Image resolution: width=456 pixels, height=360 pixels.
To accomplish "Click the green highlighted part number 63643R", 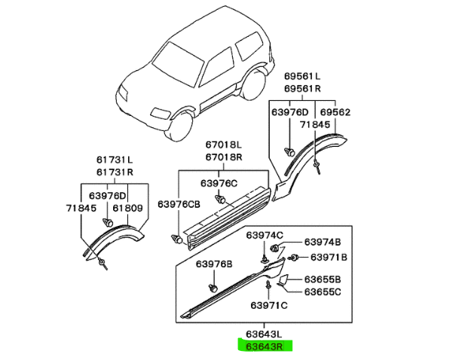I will [x=262, y=347].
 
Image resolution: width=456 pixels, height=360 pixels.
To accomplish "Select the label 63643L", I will [x=262, y=334].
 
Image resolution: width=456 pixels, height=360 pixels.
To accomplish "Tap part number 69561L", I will [x=302, y=77].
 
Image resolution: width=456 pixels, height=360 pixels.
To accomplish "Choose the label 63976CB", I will [x=179, y=204].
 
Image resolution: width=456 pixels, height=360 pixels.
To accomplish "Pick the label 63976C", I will [x=219, y=183].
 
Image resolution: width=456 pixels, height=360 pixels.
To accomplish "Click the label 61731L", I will [x=114, y=159].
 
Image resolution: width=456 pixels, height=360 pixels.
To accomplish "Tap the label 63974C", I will [x=263, y=234].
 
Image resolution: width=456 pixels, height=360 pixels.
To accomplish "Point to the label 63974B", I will [x=323, y=242].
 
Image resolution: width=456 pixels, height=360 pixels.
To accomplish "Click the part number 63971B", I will [x=325, y=257].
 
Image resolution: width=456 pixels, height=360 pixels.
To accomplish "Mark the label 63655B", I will [x=323, y=279].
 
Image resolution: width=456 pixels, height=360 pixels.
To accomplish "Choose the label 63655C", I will [x=323, y=291].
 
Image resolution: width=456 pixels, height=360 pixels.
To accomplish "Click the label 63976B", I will [x=215, y=264].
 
